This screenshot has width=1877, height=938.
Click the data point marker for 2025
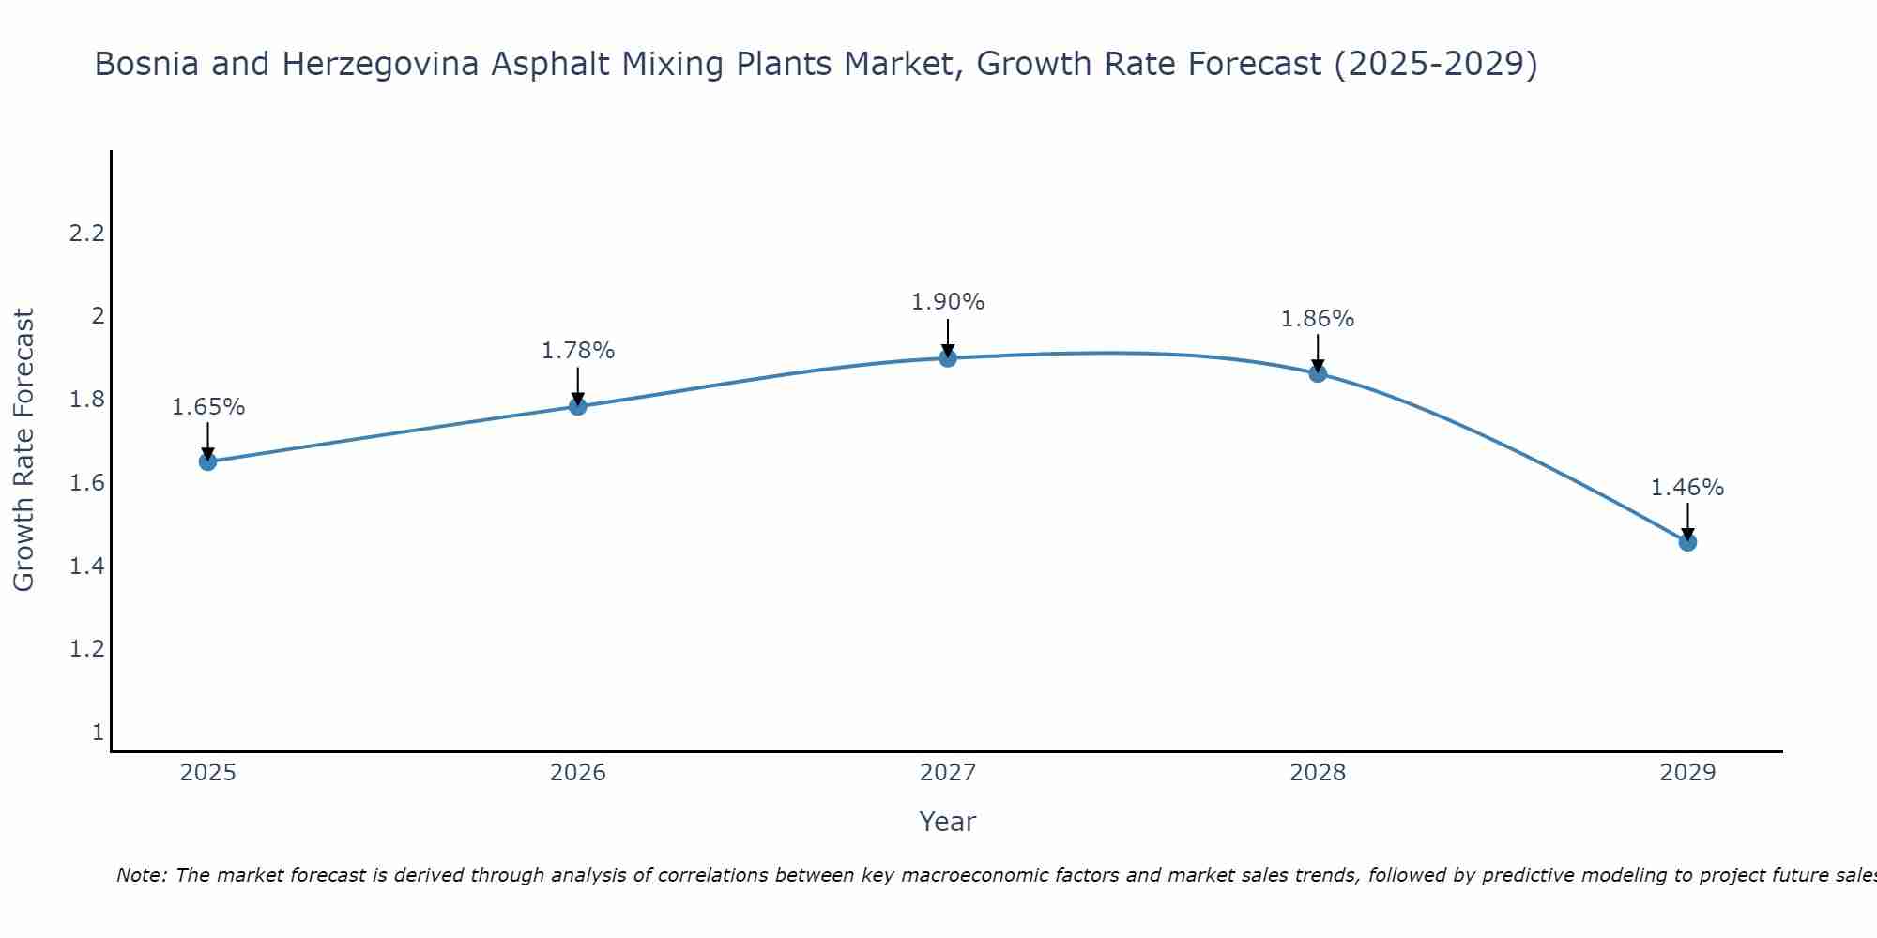pos(208,461)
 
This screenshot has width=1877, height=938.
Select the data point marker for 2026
pos(578,406)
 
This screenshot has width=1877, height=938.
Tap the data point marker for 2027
pos(948,357)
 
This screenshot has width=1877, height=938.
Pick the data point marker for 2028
pos(1318,373)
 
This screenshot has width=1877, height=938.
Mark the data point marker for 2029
pos(1687,542)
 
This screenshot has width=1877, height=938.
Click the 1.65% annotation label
pos(208,407)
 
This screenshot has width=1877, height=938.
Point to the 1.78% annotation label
pos(578,351)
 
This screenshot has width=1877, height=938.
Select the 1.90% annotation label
pos(948,302)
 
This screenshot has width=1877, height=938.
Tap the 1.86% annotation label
pos(1318,319)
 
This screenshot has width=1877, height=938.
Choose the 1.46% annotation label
pos(1687,488)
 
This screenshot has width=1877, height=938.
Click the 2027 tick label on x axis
pos(948,773)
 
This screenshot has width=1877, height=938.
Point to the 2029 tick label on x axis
pos(1687,773)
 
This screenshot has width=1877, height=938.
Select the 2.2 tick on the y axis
pos(86,234)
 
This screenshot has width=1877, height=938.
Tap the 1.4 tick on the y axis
pos(86,566)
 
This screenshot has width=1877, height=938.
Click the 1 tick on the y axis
pos(98,732)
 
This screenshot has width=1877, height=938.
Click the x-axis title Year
pos(948,822)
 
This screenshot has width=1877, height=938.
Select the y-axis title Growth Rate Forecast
pos(24,450)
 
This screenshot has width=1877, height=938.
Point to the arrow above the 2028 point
pos(1318,352)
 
